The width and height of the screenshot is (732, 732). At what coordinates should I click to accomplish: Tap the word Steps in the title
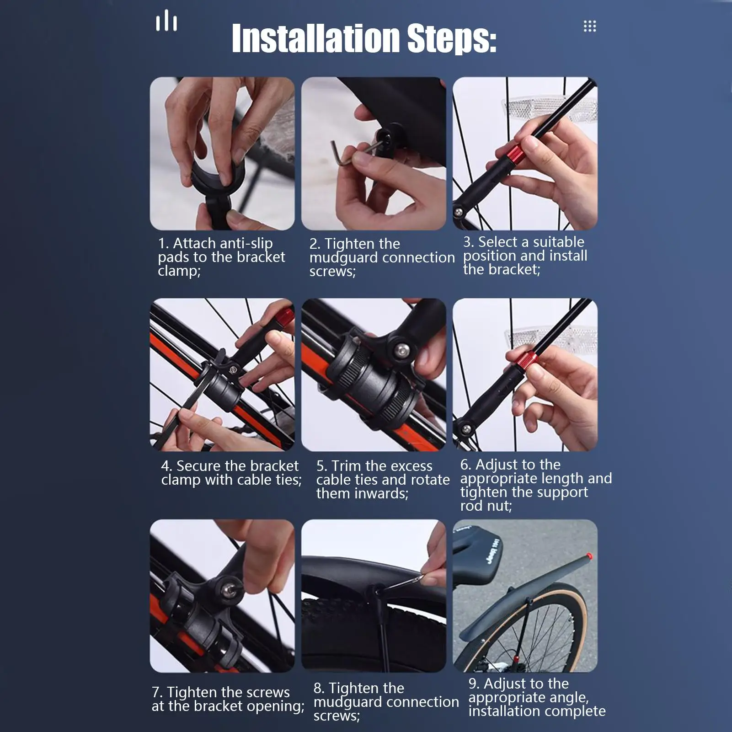pos(451,38)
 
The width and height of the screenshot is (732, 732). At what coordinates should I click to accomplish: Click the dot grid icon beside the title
pos(590,26)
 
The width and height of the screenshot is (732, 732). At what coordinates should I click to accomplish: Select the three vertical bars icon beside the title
pos(166,21)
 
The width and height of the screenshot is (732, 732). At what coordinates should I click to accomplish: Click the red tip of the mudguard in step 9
pos(589,556)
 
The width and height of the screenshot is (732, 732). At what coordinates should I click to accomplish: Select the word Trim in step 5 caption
pos(346,466)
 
